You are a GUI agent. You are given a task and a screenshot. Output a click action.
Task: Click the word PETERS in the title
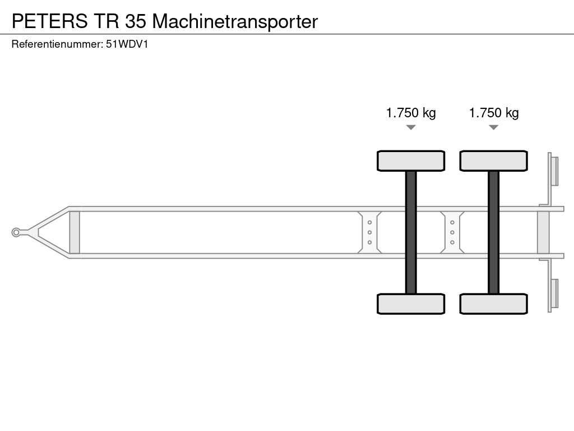pyautogui.click(x=49, y=21)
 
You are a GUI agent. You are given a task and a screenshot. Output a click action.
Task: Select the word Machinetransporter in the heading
pyautogui.click(x=235, y=21)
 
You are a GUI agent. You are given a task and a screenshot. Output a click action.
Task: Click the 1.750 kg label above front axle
pyautogui.click(x=411, y=113)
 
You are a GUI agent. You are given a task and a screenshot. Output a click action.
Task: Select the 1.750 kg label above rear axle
pyautogui.click(x=494, y=113)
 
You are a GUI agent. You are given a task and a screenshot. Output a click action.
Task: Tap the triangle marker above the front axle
pyautogui.click(x=411, y=127)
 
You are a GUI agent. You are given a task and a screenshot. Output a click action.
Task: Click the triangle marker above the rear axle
pyautogui.click(x=493, y=127)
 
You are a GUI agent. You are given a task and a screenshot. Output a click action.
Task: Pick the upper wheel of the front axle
pyautogui.click(x=411, y=161)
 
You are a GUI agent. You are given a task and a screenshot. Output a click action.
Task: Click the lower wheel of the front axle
pyautogui.click(x=411, y=304)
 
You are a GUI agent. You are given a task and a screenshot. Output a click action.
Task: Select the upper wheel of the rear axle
pyautogui.click(x=493, y=161)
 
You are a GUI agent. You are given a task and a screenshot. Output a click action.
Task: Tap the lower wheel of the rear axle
pyautogui.click(x=493, y=304)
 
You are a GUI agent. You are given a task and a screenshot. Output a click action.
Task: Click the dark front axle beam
pyautogui.click(x=411, y=232)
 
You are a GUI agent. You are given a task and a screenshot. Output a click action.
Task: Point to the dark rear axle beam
pyautogui.click(x=493, y=232)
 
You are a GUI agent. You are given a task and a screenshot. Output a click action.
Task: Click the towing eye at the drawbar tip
pyautogui.click(x=17, y=232)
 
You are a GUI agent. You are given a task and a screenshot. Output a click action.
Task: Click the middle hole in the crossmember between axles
pyautogui.click(x=452, y=232)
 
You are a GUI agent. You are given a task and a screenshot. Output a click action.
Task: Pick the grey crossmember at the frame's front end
pyautogui.click(x=74, y=232)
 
